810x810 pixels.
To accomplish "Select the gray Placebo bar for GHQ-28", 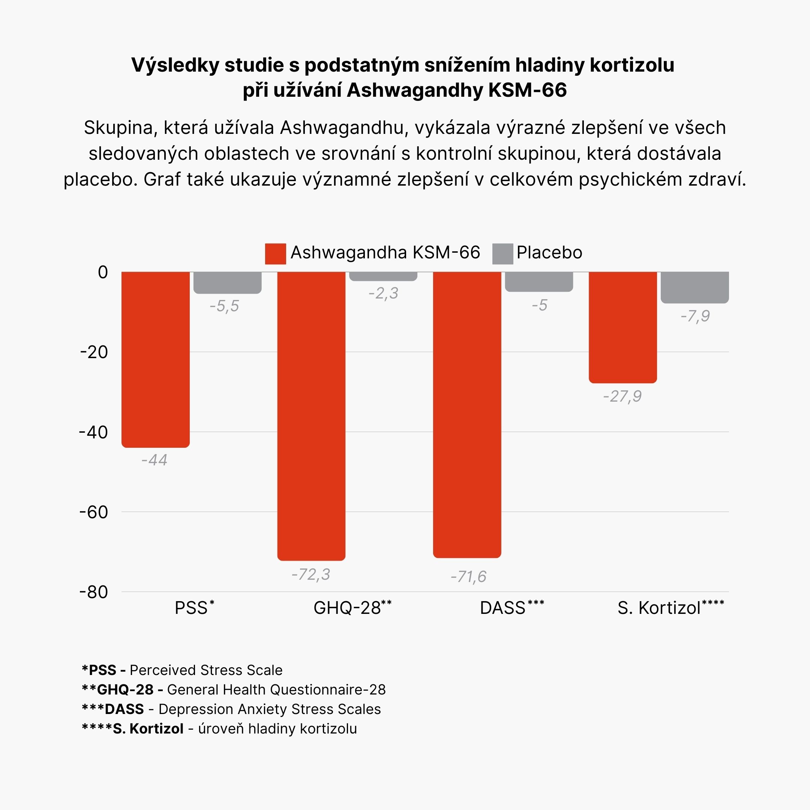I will point(383,276).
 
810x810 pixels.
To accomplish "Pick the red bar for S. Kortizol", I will point(622,327).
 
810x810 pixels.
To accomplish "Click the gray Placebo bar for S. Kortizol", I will point(695,287).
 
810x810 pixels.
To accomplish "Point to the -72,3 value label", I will point(310,574).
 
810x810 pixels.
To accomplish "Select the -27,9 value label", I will point(622,396).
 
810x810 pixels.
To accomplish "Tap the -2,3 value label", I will point(383,294).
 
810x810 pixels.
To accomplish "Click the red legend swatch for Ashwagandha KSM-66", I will point(276,253).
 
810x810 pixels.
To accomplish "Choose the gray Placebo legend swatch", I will point(502,253).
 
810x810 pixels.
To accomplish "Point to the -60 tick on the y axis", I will point(94,512).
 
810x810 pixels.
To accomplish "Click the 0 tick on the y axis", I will point(103,273).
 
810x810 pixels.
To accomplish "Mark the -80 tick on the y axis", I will point(94,592).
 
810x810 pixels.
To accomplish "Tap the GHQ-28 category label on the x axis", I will point(347,608).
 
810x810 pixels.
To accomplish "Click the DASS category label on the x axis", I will point(502,608).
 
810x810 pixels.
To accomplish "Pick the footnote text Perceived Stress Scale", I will point(206,670).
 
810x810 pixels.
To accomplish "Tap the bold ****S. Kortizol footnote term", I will point(132,729).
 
